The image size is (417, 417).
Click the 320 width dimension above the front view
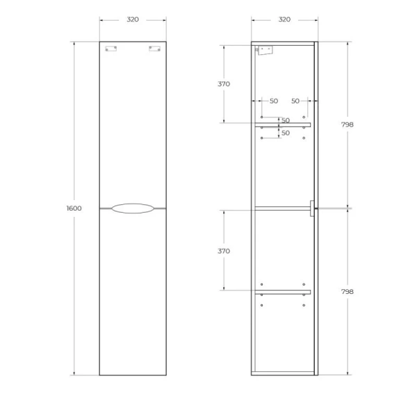132,19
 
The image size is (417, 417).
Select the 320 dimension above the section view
284,19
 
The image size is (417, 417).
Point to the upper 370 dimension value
224,83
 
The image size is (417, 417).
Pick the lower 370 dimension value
224,250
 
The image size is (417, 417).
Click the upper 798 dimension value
347,125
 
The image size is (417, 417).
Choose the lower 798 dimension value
347,292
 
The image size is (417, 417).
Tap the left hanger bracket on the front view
110,49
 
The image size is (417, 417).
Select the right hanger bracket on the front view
154,49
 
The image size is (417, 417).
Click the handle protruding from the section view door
312,208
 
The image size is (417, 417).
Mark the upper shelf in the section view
282,124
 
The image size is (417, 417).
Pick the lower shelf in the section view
282,291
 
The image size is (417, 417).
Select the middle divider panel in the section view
282,208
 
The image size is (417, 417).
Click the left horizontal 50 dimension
273,101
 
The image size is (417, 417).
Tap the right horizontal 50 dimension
295,101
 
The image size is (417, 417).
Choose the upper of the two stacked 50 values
285,120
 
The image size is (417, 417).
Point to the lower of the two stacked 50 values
285,133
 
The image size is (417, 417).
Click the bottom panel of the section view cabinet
282,374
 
